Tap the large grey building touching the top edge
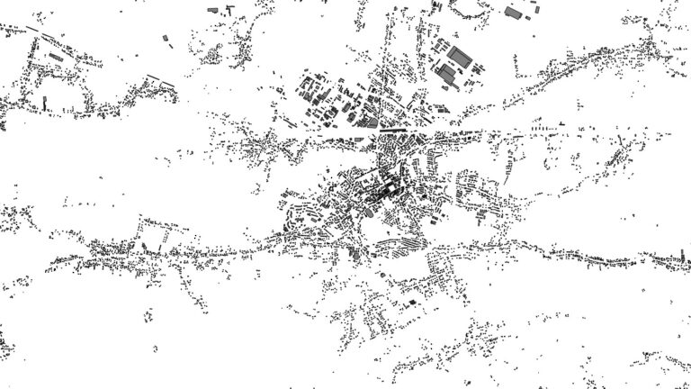point(514,13)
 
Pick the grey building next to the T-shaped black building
point(214,8)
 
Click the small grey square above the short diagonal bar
point(166,38)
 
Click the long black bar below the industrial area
point(392,131)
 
